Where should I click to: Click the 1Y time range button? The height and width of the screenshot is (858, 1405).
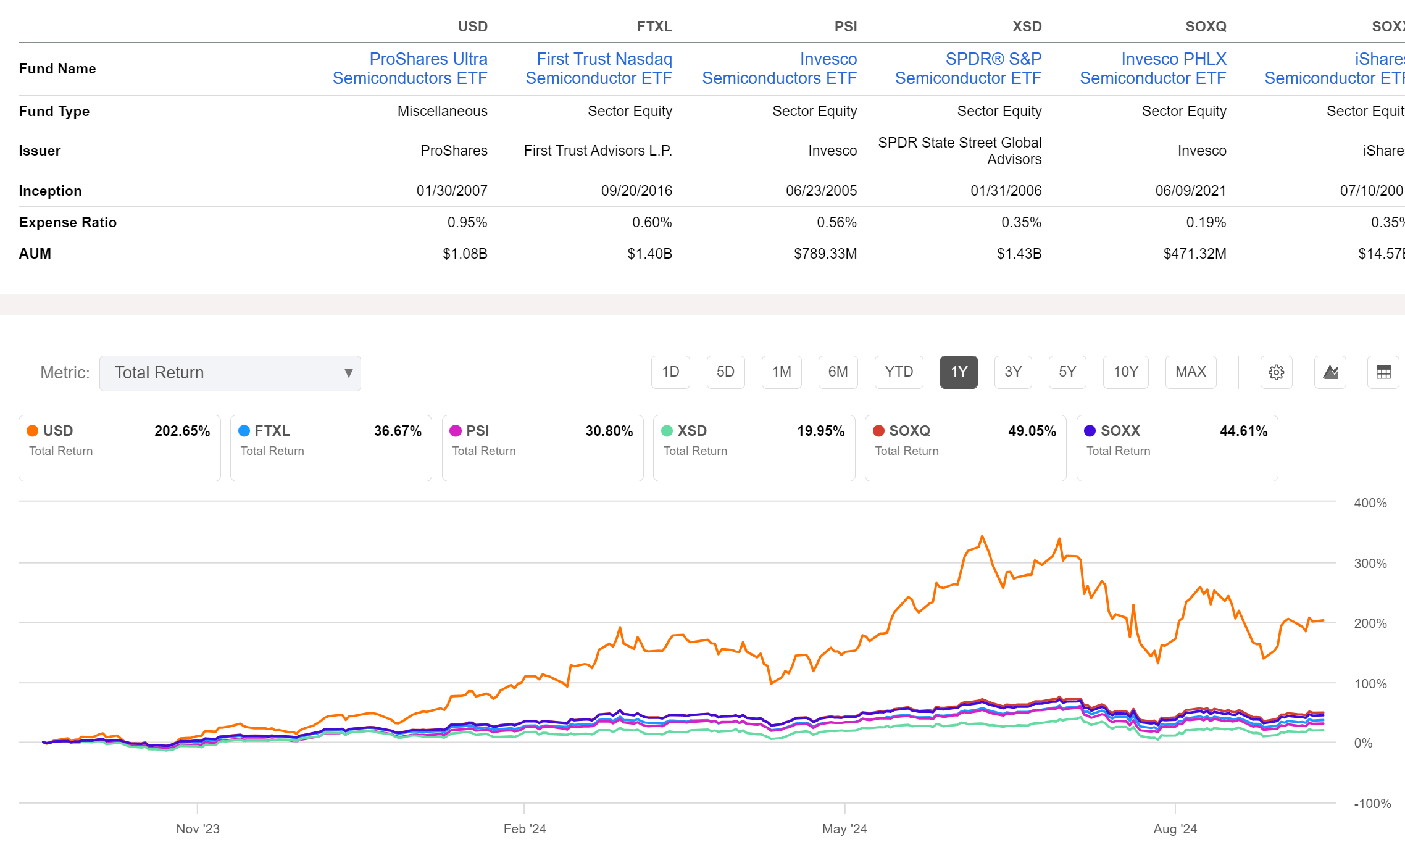pos(958,372)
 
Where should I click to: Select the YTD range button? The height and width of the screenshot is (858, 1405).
pos(898,372)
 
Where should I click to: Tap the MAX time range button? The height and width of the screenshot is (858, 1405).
pos(1190,372)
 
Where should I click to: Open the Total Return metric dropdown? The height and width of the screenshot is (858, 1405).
pos(230,373)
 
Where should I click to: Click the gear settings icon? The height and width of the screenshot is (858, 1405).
pos(1276,372)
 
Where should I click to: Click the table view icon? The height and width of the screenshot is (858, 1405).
pos(1383,372)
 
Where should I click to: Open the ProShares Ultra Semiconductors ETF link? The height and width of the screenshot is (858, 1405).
pos(410,69)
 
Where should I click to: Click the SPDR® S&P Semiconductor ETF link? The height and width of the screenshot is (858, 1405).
pos(968,69)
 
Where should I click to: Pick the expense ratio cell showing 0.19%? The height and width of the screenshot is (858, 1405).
pos(1206,222)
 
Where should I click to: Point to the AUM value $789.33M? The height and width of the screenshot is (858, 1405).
pos(825,254)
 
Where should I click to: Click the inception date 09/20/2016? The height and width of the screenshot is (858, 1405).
pos(636,191)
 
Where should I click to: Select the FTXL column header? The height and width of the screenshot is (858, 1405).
pos(654,27)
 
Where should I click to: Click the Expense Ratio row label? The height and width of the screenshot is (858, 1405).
pos(68,222)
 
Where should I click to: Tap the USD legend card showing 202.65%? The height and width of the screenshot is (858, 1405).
pos(119,448)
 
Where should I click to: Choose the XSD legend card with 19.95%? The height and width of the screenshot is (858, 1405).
pos(754,448)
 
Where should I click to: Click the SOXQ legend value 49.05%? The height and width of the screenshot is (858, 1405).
pos(1032,431)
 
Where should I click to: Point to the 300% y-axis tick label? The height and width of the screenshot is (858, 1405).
pos(1370,564)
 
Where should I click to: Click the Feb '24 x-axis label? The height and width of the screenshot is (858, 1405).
pos(524,829)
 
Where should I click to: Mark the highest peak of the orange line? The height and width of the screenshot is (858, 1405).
pos(982,536)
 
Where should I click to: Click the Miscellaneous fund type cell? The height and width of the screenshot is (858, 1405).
pos(442,111)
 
